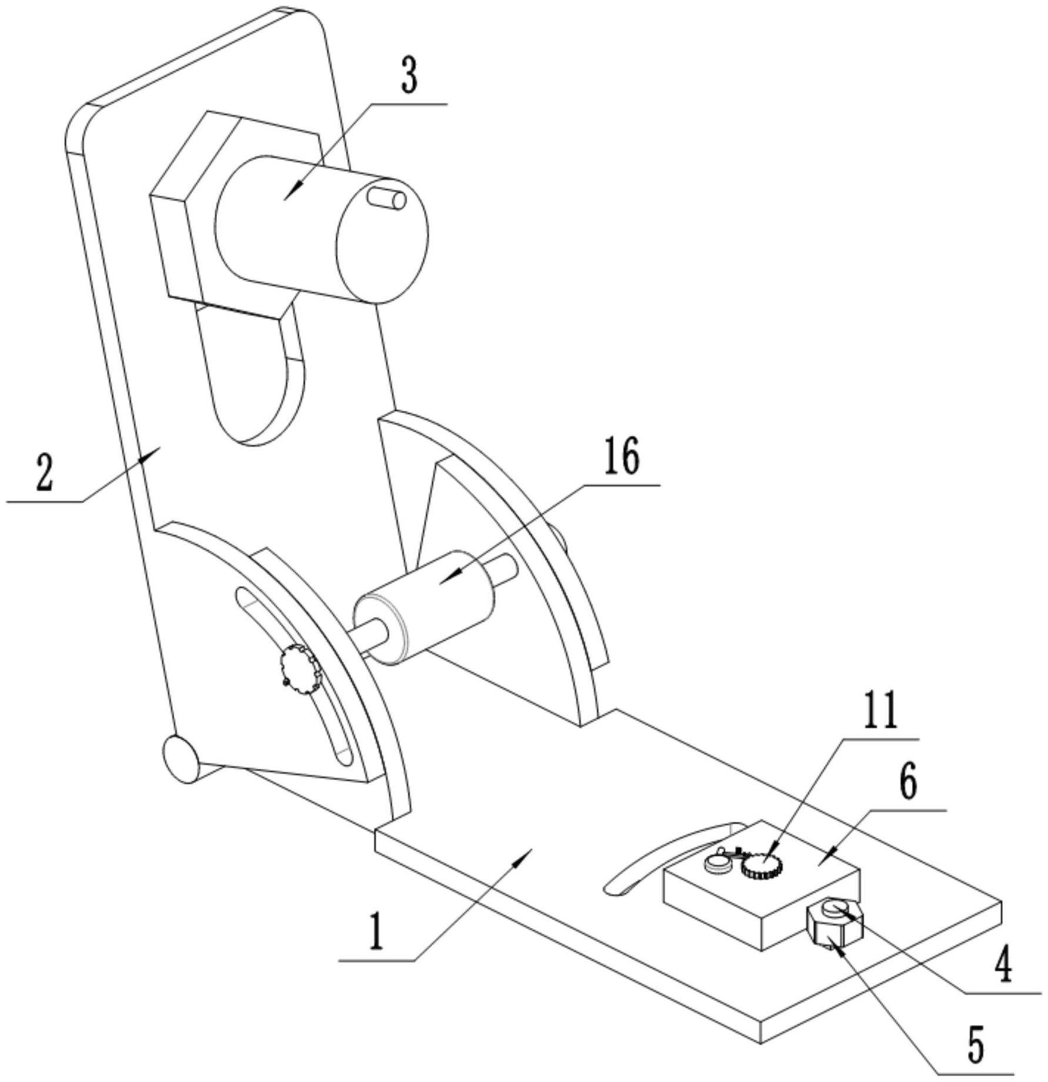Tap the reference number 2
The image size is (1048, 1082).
45,473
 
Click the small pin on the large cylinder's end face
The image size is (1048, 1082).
387,198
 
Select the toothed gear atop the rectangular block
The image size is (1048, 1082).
761,866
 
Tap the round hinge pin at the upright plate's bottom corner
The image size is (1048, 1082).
181,759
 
